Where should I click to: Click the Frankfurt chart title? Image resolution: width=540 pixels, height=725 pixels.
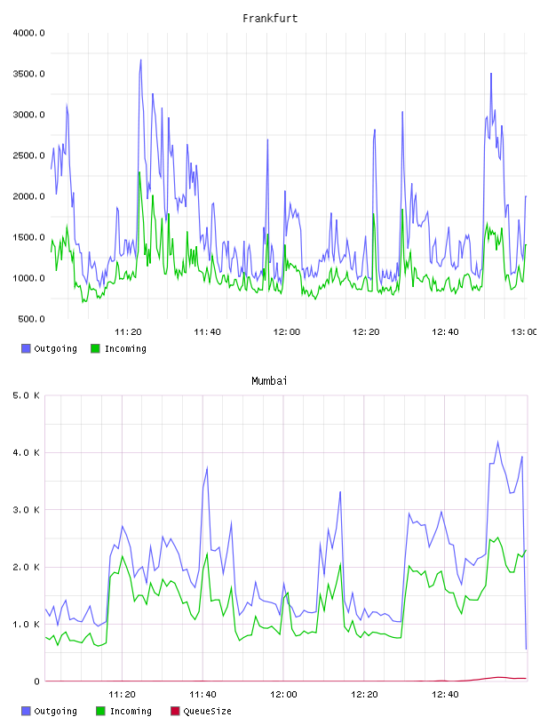pos(270,18)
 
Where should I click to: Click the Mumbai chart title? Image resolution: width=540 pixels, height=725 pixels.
pos(269,380)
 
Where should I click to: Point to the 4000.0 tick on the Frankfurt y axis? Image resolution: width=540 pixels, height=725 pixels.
pos(28,33)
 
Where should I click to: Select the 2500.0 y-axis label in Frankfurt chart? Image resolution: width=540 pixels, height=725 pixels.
pos(28,155)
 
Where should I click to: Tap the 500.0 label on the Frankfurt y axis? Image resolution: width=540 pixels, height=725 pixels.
pos(31,319)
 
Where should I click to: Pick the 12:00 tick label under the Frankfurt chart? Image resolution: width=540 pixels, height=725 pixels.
pos(287,331)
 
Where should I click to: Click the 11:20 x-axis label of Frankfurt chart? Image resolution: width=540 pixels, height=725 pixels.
pos(128,331)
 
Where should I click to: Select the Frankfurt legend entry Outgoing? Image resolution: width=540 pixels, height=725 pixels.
pos(49,348)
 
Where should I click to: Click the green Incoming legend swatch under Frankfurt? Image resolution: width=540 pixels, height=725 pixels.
pos(95,348)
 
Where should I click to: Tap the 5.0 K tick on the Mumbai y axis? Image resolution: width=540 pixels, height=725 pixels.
pos(26,395)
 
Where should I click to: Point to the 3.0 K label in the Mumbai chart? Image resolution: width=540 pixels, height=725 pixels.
pos(26,509)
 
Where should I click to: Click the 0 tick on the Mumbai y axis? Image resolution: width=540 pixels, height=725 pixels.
pos(36,681)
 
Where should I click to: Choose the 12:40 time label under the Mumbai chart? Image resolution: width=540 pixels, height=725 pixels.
pos(445,694)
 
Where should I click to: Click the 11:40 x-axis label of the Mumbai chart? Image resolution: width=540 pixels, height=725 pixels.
pos(202,694)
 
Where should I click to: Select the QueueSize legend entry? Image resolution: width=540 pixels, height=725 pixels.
pos(201,711)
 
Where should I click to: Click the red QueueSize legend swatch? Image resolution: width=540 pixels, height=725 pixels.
pos(175,711)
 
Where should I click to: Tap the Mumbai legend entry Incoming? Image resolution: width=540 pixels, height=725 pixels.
pos(123,711)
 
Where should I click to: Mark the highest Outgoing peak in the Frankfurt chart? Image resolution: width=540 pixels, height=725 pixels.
pos(141,60)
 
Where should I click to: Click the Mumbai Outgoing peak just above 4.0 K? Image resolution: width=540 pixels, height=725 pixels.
pos(498,442)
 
